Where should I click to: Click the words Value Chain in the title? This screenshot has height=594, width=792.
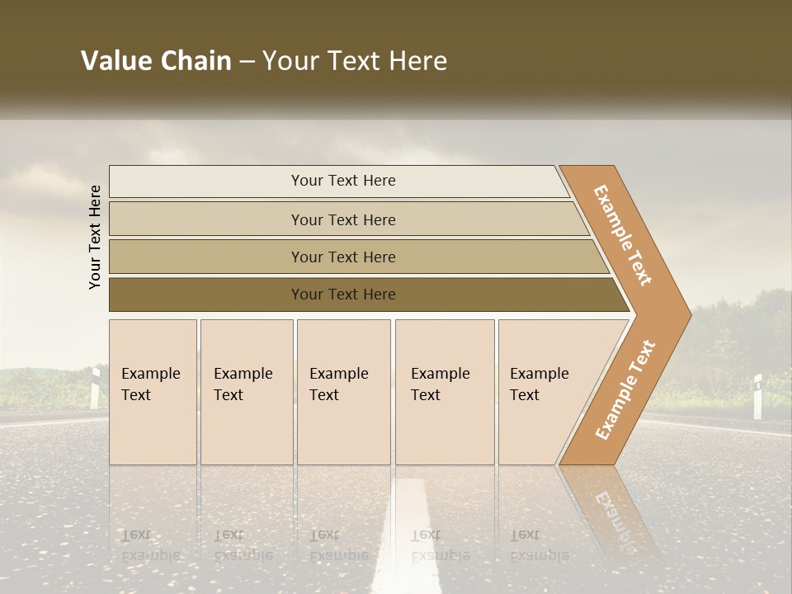coord(156,61)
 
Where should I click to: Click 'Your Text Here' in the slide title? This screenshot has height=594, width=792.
coord(355,61)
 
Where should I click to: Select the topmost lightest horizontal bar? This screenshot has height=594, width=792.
coord(342,181)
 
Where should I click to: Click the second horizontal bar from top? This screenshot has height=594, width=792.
coord(342,219)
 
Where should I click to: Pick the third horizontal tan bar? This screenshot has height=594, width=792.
coord(342,257)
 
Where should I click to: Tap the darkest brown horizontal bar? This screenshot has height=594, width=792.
coord(342,295)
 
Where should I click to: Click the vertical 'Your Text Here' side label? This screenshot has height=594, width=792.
coord(95,237)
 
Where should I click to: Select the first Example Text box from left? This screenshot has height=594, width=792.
coord(153,392)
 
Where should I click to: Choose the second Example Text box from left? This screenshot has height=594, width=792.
coord(247,392)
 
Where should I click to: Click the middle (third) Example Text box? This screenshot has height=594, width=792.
coord(343,392)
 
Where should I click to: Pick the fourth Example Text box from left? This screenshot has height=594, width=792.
coord(445,392)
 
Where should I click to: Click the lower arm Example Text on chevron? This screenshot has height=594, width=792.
coord(625,389)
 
